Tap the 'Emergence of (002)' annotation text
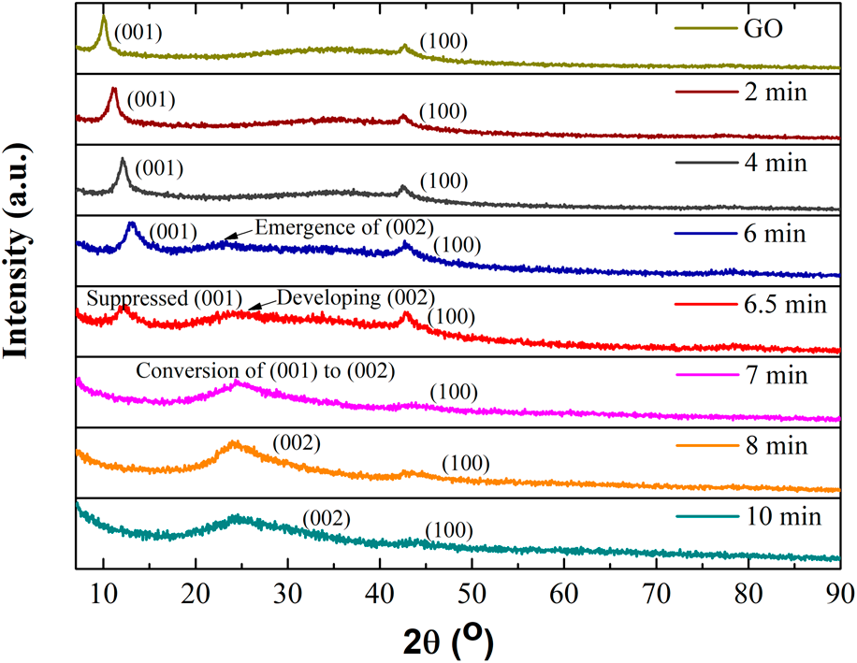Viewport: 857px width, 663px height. pos(343,227)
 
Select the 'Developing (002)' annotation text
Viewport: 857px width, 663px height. pos(356,298)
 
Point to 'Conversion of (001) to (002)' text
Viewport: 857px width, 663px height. pos(266,369)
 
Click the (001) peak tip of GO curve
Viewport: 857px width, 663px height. pos(103,18)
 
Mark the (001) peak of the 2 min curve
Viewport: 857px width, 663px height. pos(113,89)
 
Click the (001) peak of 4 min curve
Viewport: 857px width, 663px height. pos(123,160)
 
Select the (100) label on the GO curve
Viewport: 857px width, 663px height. pos(443,41)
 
